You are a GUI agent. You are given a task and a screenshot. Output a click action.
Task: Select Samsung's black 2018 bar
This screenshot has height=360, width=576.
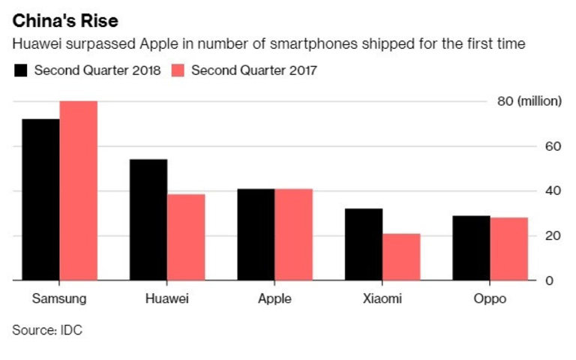[40, 199]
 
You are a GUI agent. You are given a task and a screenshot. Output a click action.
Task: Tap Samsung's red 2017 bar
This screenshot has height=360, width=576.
[79, 190]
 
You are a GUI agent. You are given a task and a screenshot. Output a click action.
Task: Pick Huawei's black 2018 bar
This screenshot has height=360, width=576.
[148, 220]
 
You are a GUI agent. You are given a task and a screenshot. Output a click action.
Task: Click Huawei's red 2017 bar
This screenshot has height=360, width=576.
[186, 237]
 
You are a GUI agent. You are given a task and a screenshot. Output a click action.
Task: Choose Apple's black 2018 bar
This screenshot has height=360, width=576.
[256, 235]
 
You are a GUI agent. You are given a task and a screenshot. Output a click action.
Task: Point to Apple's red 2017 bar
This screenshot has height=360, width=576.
[293, 235]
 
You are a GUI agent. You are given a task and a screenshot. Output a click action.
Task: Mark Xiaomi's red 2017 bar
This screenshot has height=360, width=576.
[401, 257]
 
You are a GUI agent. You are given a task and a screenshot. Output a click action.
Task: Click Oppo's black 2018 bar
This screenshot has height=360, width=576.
[471, 248]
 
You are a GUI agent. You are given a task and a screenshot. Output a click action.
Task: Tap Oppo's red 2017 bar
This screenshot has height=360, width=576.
[509, 249]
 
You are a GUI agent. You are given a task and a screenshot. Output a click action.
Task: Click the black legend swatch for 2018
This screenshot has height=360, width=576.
[21, 71]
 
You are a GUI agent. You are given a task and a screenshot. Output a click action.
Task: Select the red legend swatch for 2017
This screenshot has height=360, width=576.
[178, 71]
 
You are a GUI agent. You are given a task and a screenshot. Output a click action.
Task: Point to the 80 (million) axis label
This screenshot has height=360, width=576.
[529, 101]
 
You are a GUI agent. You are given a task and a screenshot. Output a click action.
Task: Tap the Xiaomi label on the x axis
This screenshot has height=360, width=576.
[382, 299]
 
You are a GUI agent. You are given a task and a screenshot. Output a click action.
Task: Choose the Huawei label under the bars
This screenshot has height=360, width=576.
[166, 299]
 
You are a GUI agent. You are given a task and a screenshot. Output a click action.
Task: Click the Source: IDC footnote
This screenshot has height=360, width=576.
[45, 329]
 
